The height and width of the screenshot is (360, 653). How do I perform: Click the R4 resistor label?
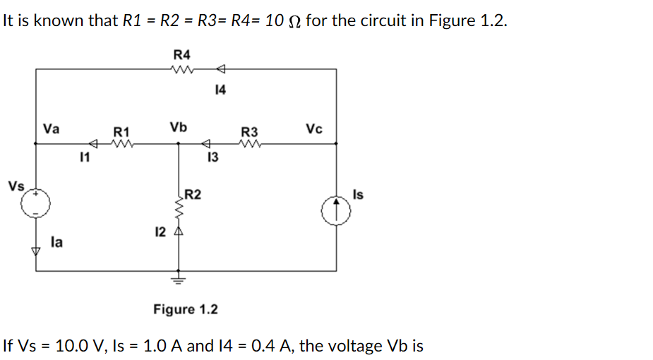181,54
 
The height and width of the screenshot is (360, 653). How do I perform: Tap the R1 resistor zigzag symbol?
121,144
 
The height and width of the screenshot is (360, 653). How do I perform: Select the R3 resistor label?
249,131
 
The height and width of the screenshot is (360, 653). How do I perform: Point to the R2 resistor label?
194,195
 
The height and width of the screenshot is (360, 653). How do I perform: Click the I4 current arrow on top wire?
220,69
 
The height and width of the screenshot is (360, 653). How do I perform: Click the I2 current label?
160,231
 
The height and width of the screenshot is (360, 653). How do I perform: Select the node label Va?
52,129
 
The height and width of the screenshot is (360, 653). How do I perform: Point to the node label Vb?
178,128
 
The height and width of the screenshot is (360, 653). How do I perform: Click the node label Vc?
315,129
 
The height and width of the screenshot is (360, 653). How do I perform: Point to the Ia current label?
56,242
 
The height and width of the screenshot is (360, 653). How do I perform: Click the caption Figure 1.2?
186,309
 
